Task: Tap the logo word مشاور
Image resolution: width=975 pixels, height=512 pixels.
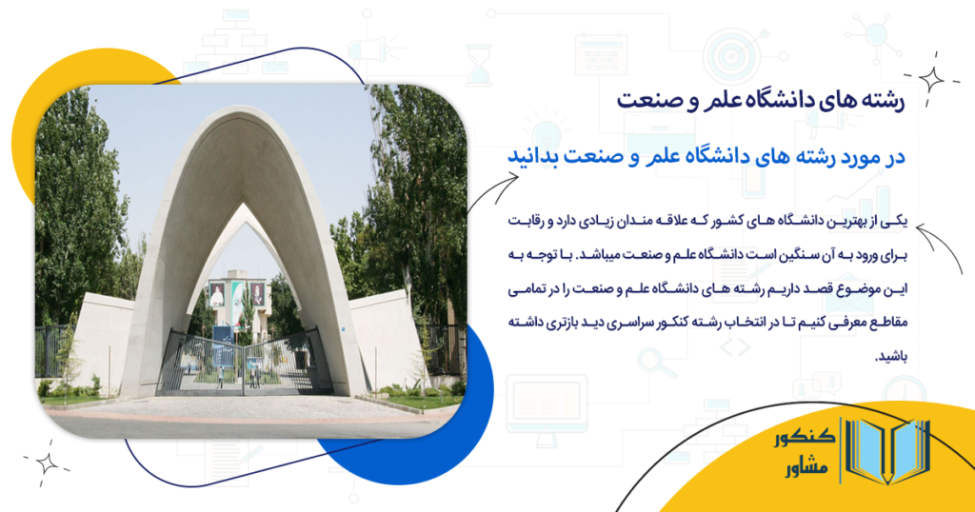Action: [x=801, y=470]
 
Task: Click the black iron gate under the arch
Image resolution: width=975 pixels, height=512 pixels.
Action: [x=243, y=362]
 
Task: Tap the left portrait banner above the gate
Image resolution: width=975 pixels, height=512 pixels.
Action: [x=218, y=295]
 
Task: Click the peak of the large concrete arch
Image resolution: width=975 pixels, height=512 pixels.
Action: [x=242, y=113]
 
